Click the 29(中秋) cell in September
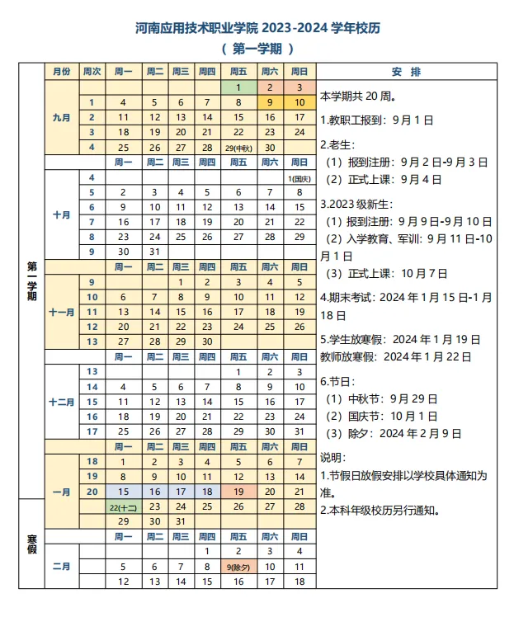coord(238,147)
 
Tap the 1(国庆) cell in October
coord(299,177)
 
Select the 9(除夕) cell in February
coord(238,567)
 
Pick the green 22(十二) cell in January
coord(122,506)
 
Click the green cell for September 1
coord(238,87)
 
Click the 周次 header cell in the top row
coord(92,72)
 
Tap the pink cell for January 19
coord(238,491)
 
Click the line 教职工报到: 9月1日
coord(375,120)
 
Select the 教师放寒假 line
coord(395,357)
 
